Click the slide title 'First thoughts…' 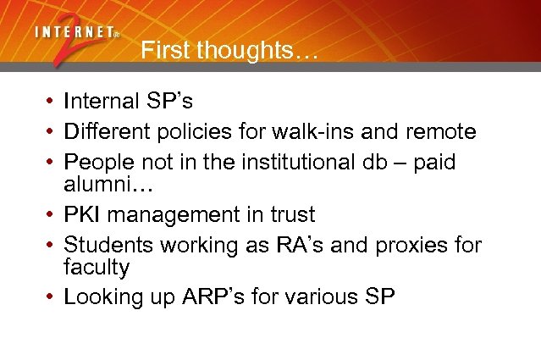click(x=229, y=51)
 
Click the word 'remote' click(x=440, y=132)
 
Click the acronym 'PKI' click(x=83, y=215)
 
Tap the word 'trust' click(x=290, y=215)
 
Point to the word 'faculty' click(x=97, y=268)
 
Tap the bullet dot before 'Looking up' click(x=51, y=298)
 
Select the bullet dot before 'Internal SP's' click(x=51, y=103)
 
